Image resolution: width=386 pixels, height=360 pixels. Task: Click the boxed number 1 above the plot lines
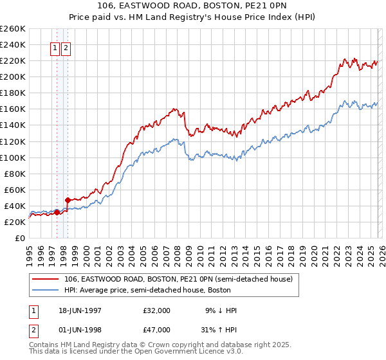pos(55,47)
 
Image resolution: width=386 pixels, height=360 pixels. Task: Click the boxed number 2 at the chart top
pos(66,47)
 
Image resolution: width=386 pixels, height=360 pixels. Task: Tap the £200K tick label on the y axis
pos(13,76)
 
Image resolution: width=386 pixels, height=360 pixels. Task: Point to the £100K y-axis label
pos(13,157)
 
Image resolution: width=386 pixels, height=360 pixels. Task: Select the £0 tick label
pos(19,238)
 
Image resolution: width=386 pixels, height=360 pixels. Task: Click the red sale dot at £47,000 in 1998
pos(68,200)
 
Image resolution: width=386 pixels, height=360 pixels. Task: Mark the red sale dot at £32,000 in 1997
pos(57,212)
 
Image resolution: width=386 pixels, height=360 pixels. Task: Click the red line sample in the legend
pos(46,279)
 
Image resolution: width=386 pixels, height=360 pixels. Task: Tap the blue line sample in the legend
pos(46,290)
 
